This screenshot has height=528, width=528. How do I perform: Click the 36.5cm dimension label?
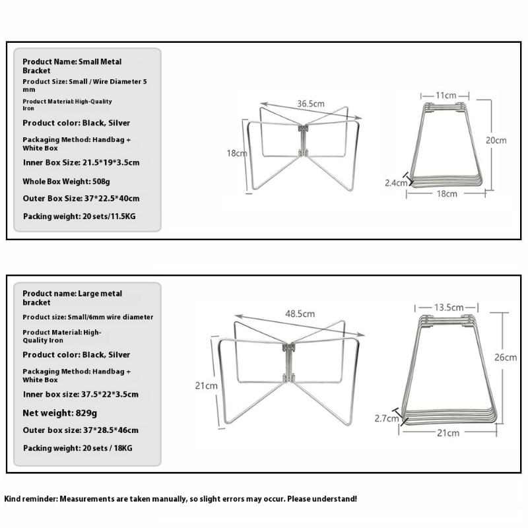310,104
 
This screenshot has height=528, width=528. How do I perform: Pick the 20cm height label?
496,140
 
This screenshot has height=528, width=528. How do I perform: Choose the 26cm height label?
506,357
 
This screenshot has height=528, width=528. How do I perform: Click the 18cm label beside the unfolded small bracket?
236,153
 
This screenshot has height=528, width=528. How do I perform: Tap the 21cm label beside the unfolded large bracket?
206,385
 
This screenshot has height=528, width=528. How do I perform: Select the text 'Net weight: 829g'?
60,413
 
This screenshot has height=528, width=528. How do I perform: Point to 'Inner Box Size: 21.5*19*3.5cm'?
81,162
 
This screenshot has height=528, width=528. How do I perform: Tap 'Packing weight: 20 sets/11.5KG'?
79,216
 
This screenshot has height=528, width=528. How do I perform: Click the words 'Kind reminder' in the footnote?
30,499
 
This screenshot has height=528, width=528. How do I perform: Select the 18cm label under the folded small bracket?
446,194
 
